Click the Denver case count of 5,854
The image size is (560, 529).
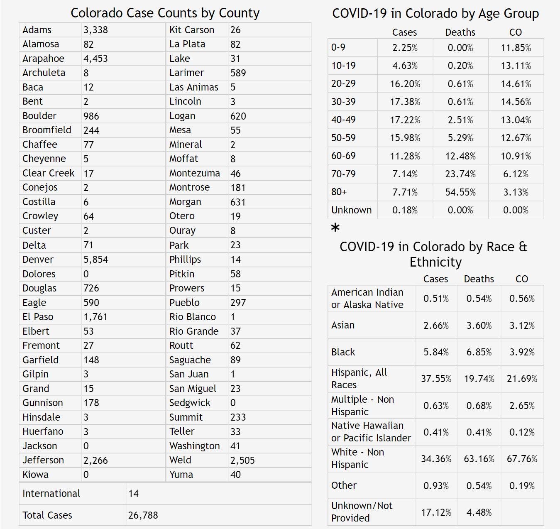(96, 260)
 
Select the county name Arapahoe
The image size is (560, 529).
(43, 59)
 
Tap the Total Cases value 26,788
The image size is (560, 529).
(143, 515)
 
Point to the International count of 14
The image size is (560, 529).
(134, 493)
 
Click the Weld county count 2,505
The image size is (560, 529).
(242, 460)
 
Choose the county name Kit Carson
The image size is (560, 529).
(192, 30)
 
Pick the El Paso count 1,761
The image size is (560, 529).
(95, 317)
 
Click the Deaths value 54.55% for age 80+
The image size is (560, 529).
(460, 192)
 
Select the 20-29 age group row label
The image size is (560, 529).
(343, 83)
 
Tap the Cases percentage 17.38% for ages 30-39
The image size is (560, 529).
(405, 102)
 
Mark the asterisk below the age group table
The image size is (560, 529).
(335, 228)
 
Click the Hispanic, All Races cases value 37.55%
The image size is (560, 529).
(436, 379)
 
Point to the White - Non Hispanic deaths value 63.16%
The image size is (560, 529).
(479, 459)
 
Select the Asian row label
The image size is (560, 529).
(343, 325)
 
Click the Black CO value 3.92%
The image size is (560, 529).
(522, 352)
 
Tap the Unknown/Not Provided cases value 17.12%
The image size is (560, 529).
(436, 512)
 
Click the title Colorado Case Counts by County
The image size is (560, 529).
(165, 13)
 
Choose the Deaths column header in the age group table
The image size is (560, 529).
(460, 32)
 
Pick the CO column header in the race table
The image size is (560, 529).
(521, 279)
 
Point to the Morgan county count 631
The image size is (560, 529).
(238, 202)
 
